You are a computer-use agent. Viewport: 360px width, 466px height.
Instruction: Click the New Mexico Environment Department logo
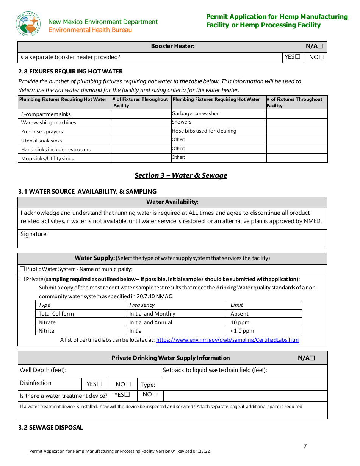tap(28, 24)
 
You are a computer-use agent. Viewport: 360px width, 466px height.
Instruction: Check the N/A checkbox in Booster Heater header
tap(320, 47)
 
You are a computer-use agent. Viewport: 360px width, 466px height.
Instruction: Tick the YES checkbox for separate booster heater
tap(298, 57)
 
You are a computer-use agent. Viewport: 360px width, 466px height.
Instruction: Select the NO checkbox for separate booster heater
tap(321, 57)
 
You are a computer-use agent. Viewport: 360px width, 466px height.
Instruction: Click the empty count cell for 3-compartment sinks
tap(141, 114)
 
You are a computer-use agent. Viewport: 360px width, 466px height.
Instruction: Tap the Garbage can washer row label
tap(195, 114)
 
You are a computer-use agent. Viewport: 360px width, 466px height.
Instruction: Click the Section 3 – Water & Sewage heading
tap(181, 175)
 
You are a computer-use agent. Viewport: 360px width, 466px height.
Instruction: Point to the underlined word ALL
tap(193, 213)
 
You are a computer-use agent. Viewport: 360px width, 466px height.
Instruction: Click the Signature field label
tap(34, 234)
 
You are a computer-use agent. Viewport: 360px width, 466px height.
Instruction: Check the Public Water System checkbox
tap(22, 269)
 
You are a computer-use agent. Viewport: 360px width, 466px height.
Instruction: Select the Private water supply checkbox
tap(22, 279)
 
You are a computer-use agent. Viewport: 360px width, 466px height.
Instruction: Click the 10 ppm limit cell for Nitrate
tap(240, 322)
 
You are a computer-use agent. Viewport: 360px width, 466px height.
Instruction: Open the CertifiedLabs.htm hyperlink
tap(227, 340)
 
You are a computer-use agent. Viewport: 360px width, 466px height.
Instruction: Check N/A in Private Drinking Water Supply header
tap(312, 358)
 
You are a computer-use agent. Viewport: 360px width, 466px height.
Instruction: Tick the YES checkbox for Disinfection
tap(100, 384)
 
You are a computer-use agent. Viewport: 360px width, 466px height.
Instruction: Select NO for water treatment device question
tap(155, 395)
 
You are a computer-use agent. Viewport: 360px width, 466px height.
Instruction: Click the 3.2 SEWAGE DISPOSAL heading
tap(50, 428)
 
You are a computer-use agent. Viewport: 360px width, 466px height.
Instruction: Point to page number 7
tap(305, 446)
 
